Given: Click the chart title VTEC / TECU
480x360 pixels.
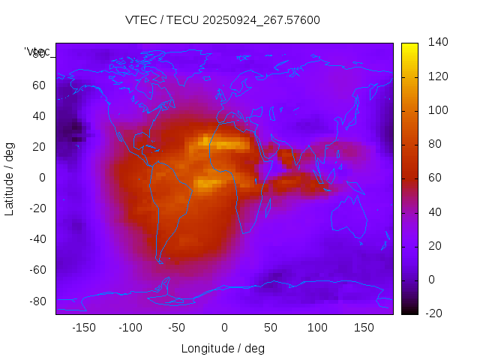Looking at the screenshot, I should pyautogui.click(x=223, y=20).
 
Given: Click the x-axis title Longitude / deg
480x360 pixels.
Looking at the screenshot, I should pyautogui.click(x=223, y=349).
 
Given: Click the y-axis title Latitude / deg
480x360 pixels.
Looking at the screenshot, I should pyautogui.click(x=10, y=178).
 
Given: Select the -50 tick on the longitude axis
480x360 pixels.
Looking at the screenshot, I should pyautogui.click(x=177, y=328).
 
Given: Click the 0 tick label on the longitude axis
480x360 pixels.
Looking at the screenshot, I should pyautogui.click(x=223, y=328).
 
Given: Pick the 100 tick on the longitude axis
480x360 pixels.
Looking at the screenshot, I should pyautogui.click(x=317, y=328).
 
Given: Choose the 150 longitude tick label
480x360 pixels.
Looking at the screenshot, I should pyautogui.click(x=364, y=328).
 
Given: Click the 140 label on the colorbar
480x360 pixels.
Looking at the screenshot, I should pyautogui.click(x=417, y=43).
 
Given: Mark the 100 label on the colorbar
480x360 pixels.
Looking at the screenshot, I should pyautogui.click(x=417, y=110).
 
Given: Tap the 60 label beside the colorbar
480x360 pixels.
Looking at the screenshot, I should pyautogui.click(x=414, y=178).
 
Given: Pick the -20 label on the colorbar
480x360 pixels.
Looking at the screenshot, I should pyautogui.click(x=415, y=313).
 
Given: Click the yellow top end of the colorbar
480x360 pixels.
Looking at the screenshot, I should pyautogui.click(x=409, y=47).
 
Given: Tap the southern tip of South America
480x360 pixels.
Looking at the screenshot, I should pyautogui.click(x=160, y=261).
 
